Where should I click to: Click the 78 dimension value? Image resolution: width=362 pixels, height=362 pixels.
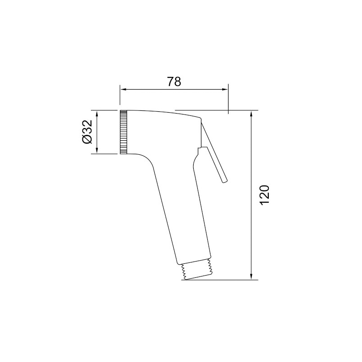(174, 81)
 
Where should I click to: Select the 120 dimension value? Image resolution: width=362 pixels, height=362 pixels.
(265, 195)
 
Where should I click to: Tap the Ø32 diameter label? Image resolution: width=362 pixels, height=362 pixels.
(87, 132)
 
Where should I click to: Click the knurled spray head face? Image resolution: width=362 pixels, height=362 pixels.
(124, 132)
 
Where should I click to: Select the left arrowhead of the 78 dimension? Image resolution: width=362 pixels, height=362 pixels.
(123, 90)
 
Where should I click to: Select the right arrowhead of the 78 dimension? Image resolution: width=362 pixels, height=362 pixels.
(225, 90)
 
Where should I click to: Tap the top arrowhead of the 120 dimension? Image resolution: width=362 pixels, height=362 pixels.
(252, 114)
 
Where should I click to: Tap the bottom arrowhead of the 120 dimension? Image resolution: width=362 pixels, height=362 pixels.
(252, 276)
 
